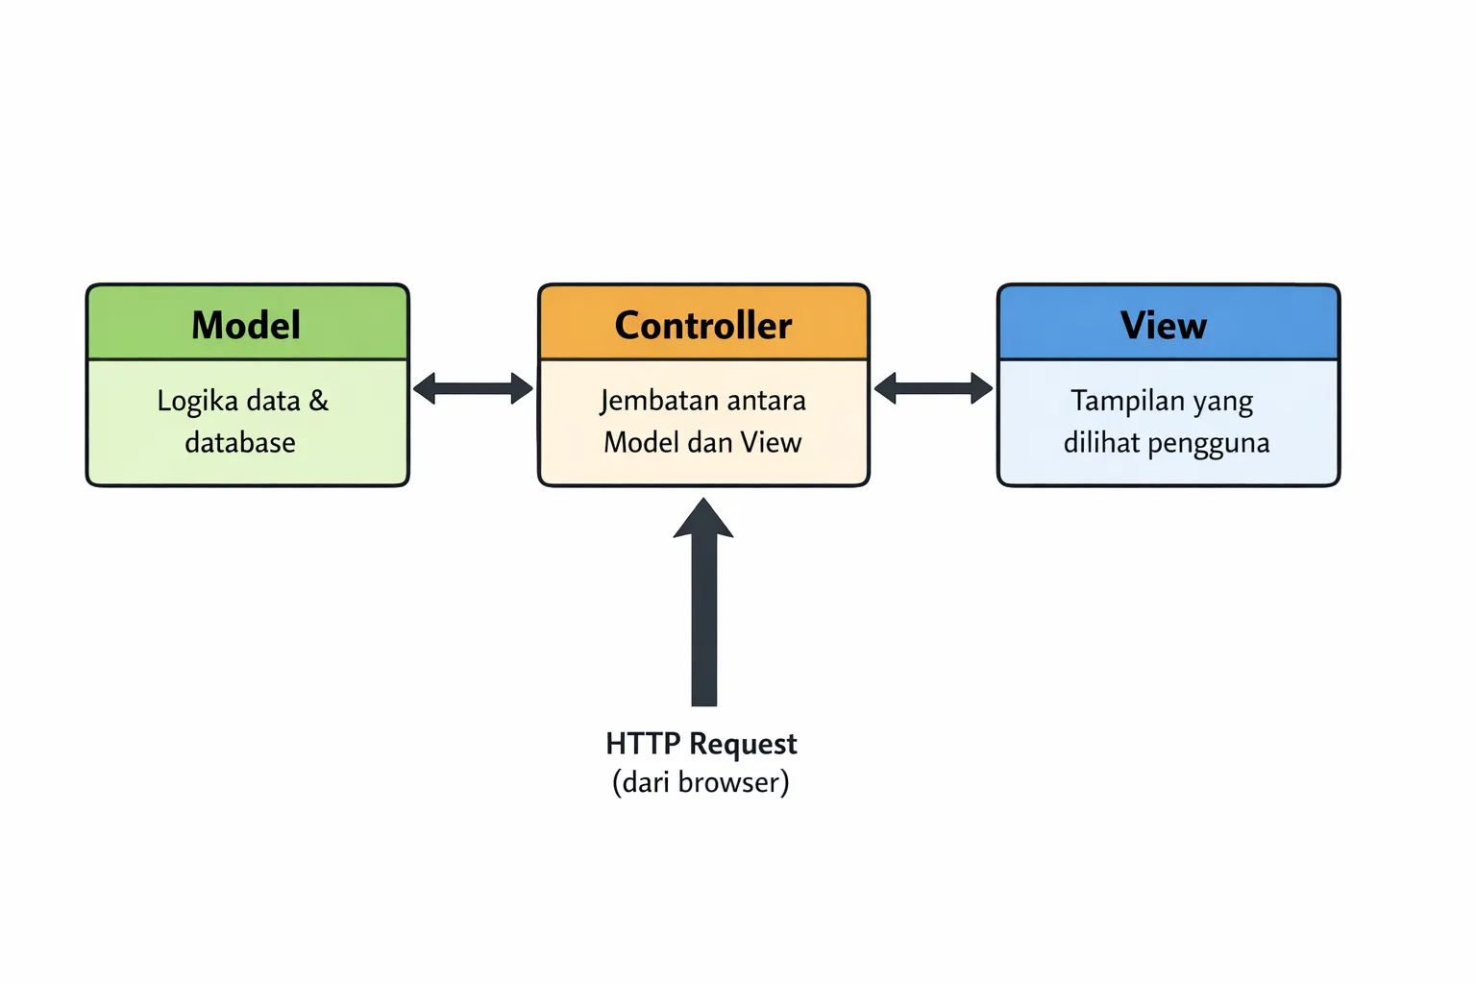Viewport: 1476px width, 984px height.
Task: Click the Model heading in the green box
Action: (x=246, y=325)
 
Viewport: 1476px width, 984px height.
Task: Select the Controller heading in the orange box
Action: (x=703, y=325)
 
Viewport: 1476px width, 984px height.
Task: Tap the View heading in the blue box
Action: (x=1164, y=325)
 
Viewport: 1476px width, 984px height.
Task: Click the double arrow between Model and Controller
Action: (x=473, y=388)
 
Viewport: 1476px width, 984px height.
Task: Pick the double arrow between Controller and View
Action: (x=933, y=388)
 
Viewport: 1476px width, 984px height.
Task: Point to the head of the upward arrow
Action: (x=703, y=520)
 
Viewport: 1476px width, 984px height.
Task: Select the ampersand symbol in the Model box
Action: (x=319, y=400)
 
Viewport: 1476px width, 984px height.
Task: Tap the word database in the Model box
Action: (x=240, y=442)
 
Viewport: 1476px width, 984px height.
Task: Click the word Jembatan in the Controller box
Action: (x=659, y=401)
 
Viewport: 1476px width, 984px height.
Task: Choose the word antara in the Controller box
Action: (x=767, y=400)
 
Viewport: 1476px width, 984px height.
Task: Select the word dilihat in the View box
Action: (x=1101, y=442)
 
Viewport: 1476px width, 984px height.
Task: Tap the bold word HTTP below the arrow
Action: (x=643, y=744)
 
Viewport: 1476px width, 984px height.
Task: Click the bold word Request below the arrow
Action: (x=743, y=745)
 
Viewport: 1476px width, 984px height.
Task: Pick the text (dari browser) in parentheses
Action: (x=701, y=782)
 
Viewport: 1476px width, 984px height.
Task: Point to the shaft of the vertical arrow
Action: (x=703, y=625)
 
